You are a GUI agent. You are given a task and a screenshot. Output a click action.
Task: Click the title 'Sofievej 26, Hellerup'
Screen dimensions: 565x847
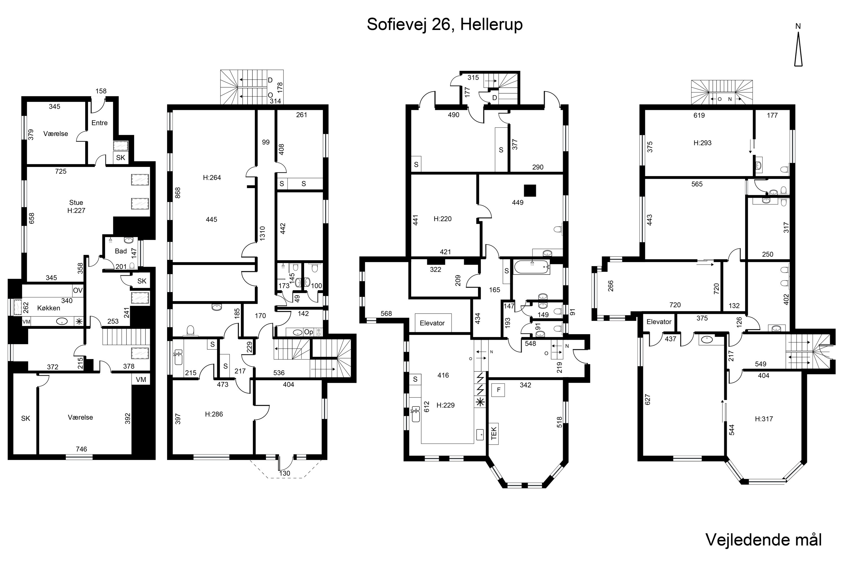tap(444, 25)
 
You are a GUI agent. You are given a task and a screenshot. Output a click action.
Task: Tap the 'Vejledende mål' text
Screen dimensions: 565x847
tap(763, 539)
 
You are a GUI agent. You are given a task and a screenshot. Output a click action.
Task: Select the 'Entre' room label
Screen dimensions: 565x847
tap(99, 123)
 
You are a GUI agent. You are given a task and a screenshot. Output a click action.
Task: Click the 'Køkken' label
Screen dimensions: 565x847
tap(49, 308)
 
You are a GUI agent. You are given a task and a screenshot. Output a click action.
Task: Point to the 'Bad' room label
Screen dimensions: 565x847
tap(121, 251)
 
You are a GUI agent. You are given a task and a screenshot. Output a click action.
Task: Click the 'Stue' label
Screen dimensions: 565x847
tap(76, 203)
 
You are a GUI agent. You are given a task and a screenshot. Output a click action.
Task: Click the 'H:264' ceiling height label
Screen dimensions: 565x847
tap(212, 178)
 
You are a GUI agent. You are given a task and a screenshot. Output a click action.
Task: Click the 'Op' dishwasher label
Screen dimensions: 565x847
tap(309, 332)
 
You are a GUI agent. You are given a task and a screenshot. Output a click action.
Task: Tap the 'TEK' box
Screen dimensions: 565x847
tap(494, 433)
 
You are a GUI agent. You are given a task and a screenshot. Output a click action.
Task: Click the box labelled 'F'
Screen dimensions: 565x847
tap(498, 390)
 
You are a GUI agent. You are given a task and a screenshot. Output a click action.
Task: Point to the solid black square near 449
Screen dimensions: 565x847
tap(530, 190)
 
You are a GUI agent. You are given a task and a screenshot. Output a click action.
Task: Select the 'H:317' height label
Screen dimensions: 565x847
tap(763, 419)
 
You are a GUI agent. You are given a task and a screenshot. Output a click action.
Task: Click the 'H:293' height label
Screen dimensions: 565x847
tap(702, 143)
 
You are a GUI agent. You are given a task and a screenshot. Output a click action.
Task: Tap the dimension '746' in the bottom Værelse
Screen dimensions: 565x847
tap(81, 449)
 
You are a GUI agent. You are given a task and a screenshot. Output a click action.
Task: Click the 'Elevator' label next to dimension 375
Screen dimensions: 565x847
tap(659, 322)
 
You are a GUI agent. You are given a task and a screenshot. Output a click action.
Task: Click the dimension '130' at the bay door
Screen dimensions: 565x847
tap(285, 473)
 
